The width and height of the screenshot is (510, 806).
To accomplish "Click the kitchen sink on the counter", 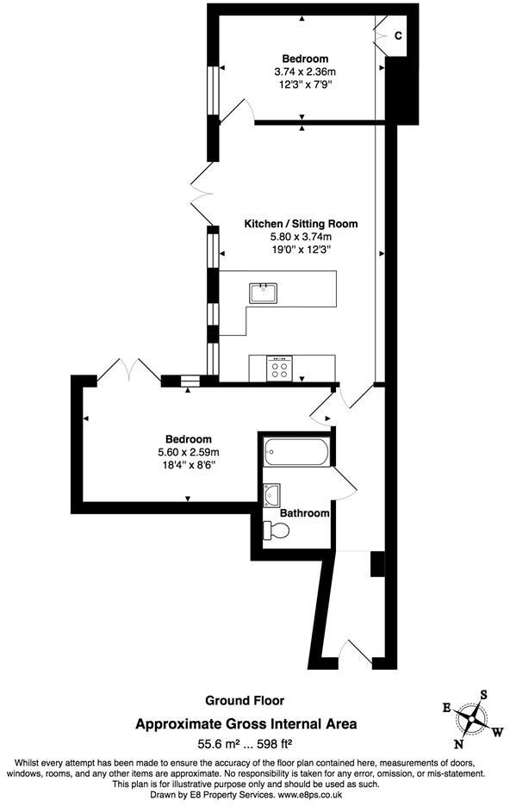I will (x=263, y=293).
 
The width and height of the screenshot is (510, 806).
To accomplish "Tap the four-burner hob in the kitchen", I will (x=279, y=368).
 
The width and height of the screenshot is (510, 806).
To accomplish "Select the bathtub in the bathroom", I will (x=295, y=451).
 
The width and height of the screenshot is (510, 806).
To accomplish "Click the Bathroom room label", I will (x=305, y=513).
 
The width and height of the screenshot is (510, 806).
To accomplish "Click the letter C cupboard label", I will (x=398, y=35).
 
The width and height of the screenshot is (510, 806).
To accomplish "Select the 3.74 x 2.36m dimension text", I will (x=304, y=72).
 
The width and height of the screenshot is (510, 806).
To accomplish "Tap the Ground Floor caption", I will (x=245, y=700).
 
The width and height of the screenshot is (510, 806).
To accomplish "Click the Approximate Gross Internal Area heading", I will (x=246, y=725).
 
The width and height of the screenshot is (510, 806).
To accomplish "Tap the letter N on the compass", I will (x=459, y=744).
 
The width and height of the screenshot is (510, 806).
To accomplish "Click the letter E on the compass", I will (x=446, y=707).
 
